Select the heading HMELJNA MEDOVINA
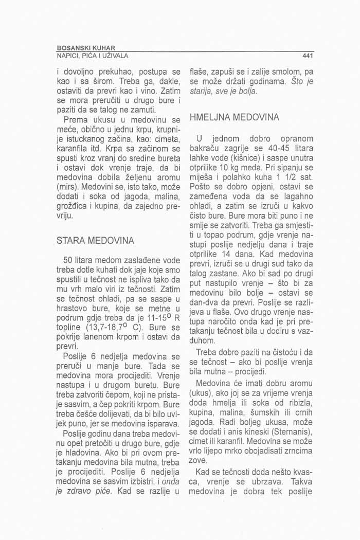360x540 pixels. coord(235,118)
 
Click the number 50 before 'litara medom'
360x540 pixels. coord(67,260)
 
